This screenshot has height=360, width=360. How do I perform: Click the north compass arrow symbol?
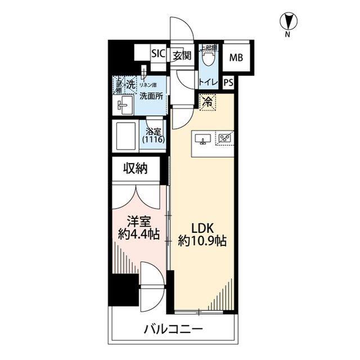point(287,21)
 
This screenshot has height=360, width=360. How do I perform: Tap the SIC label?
point(157,55)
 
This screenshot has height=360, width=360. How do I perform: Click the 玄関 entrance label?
point(181,55)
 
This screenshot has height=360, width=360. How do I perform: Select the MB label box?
point(236,57)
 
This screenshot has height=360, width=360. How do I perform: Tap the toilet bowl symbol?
point(209,57)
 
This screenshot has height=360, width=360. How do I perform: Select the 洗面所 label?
point(151,96)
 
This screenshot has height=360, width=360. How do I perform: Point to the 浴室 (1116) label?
point(153,134)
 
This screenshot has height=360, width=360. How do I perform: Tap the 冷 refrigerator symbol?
point(207,102)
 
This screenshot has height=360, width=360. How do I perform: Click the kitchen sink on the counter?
point(202,138)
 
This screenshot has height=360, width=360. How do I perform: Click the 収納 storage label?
point(136,169)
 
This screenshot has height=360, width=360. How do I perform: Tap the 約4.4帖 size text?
point(138,235)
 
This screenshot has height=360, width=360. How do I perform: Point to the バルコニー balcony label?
point(172,329)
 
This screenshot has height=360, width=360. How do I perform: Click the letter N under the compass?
point(287,35)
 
